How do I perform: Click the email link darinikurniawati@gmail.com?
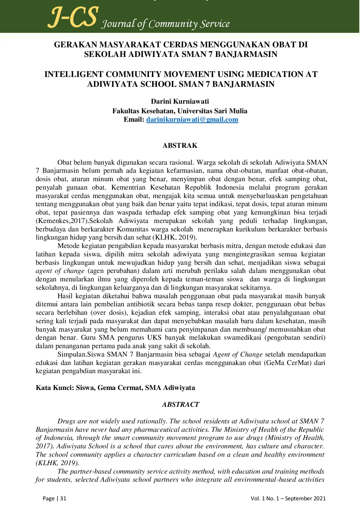coord(192,120)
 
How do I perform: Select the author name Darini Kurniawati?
coord(180,101)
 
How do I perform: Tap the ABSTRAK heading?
coord(180,145)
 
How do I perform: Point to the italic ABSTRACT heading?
coord(180,404)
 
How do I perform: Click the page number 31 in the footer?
coord(63,498)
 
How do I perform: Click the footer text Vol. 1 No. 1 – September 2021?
coord(288,498)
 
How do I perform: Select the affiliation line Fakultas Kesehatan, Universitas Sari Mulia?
coord(180,111)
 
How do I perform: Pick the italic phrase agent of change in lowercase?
coord(60,271)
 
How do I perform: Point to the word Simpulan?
coord(72,355)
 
